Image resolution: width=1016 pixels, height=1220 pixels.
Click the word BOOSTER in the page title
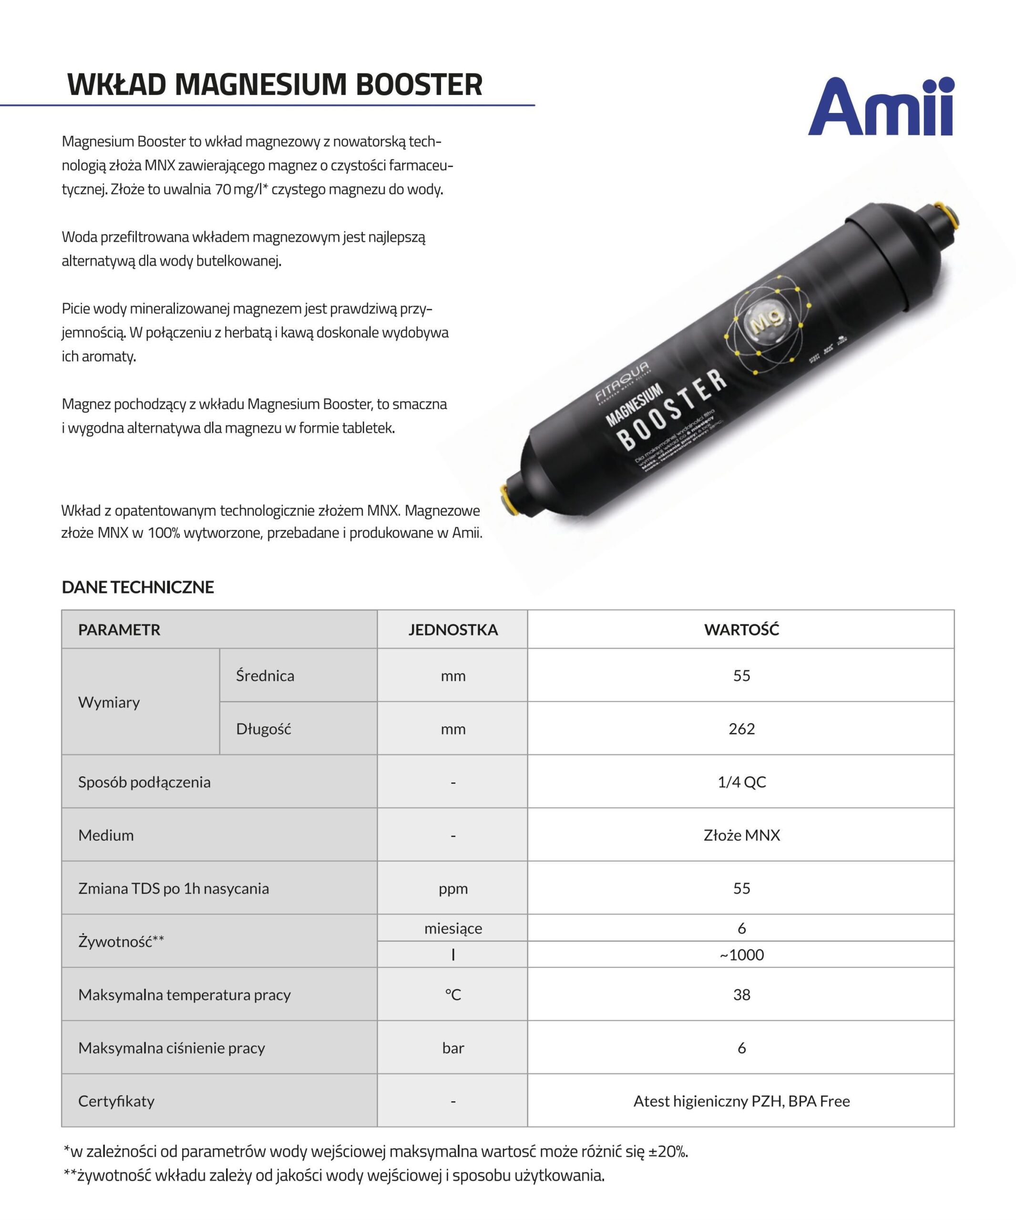click(x=419, y=85)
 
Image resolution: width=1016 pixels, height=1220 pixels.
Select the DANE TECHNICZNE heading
click(x=138, y=587)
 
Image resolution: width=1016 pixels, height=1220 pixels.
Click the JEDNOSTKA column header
click(x=453, y=630)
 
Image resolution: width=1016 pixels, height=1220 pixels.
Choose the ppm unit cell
click(x=453, y=888)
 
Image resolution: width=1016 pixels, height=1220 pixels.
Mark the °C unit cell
click(x=453, y=995)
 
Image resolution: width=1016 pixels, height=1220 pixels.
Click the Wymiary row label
click(x=109, y=702)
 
